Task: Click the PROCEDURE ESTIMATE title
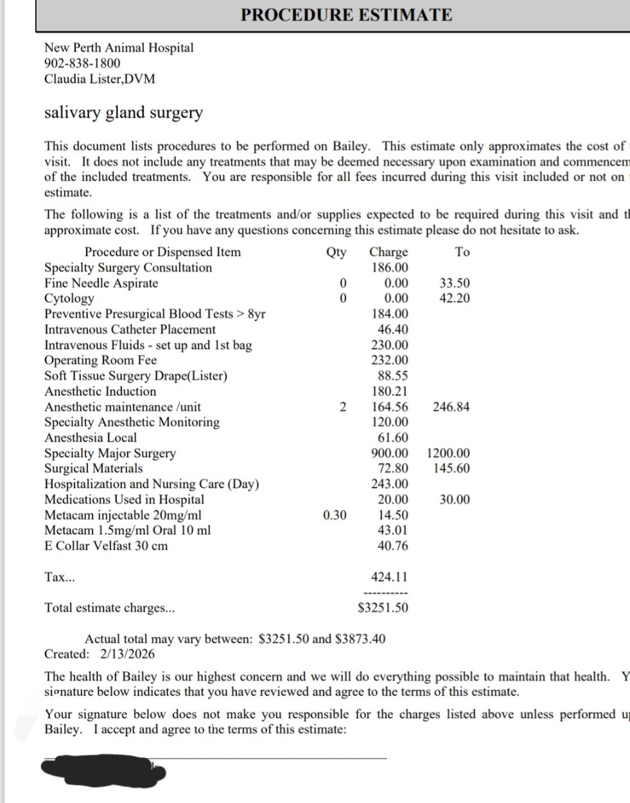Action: pyautogui.click(x=346, y=15)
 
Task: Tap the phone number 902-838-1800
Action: pyautogui.click(x=82, y=63)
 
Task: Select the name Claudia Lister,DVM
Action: pyautogui.click(x=100, y=79)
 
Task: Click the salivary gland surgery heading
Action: pyautogui.click(x=123, y=113)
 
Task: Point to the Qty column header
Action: pyautogui.click(x=336, y=252)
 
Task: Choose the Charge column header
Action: pyautogui.click(x=389, y=252)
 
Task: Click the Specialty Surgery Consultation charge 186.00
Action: pyautogui.click(x=390, y=267)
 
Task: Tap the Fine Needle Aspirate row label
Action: pyautogui.click(x=101, y=283)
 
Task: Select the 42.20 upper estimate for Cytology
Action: pyautogui.click(x=454, y=298)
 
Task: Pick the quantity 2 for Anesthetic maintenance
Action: pyautogui.click(x=343, y=407)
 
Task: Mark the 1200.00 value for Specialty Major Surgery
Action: pyautogui.click(x=448, y=453)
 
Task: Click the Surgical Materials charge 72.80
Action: pyautogui.click(x=392, y=469)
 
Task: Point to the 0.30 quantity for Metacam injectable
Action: pyautogui.click(x=335, y=515)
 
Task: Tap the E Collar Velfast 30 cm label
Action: pyautogui.click(x=106, y=546)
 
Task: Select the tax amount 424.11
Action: pyautogui.click(x=389, y=577)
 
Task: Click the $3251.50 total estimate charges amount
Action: pyautogui.click(x=383, y=608)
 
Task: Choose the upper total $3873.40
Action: pyautogui.click(x=360, y=639)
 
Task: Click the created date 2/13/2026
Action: pyautogui.click(x=127, y=654)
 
